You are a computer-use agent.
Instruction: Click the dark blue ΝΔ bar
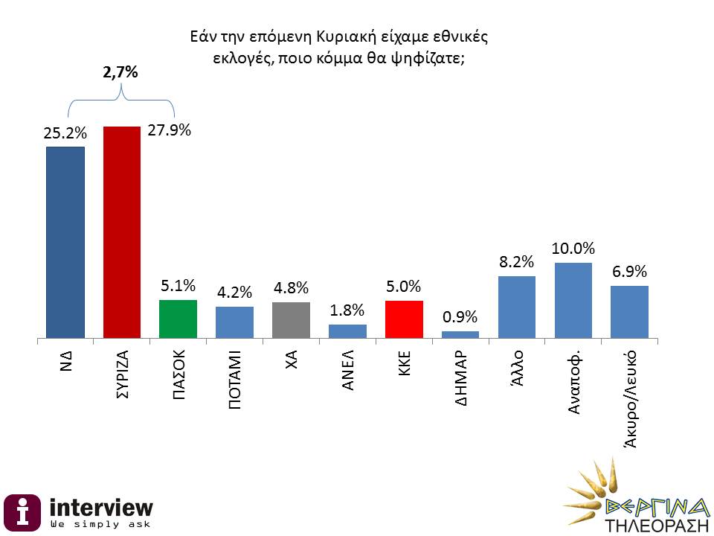(65, 242)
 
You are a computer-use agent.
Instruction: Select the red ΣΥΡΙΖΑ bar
(121, 232)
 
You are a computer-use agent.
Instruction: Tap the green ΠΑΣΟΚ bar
(178, 319)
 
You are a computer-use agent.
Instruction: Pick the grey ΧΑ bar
(291, 320)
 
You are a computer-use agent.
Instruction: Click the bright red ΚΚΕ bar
(404, 319)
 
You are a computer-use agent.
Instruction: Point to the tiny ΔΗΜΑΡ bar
(460, 334)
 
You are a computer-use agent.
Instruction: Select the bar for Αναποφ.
(573, 301)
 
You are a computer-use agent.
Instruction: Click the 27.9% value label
(169, 130)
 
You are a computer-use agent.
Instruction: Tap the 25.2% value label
(65, 134)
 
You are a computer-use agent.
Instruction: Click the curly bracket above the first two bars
(121, 100)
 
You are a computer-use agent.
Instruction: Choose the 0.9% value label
(460, 317)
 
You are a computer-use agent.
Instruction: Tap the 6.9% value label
(629, 271)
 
